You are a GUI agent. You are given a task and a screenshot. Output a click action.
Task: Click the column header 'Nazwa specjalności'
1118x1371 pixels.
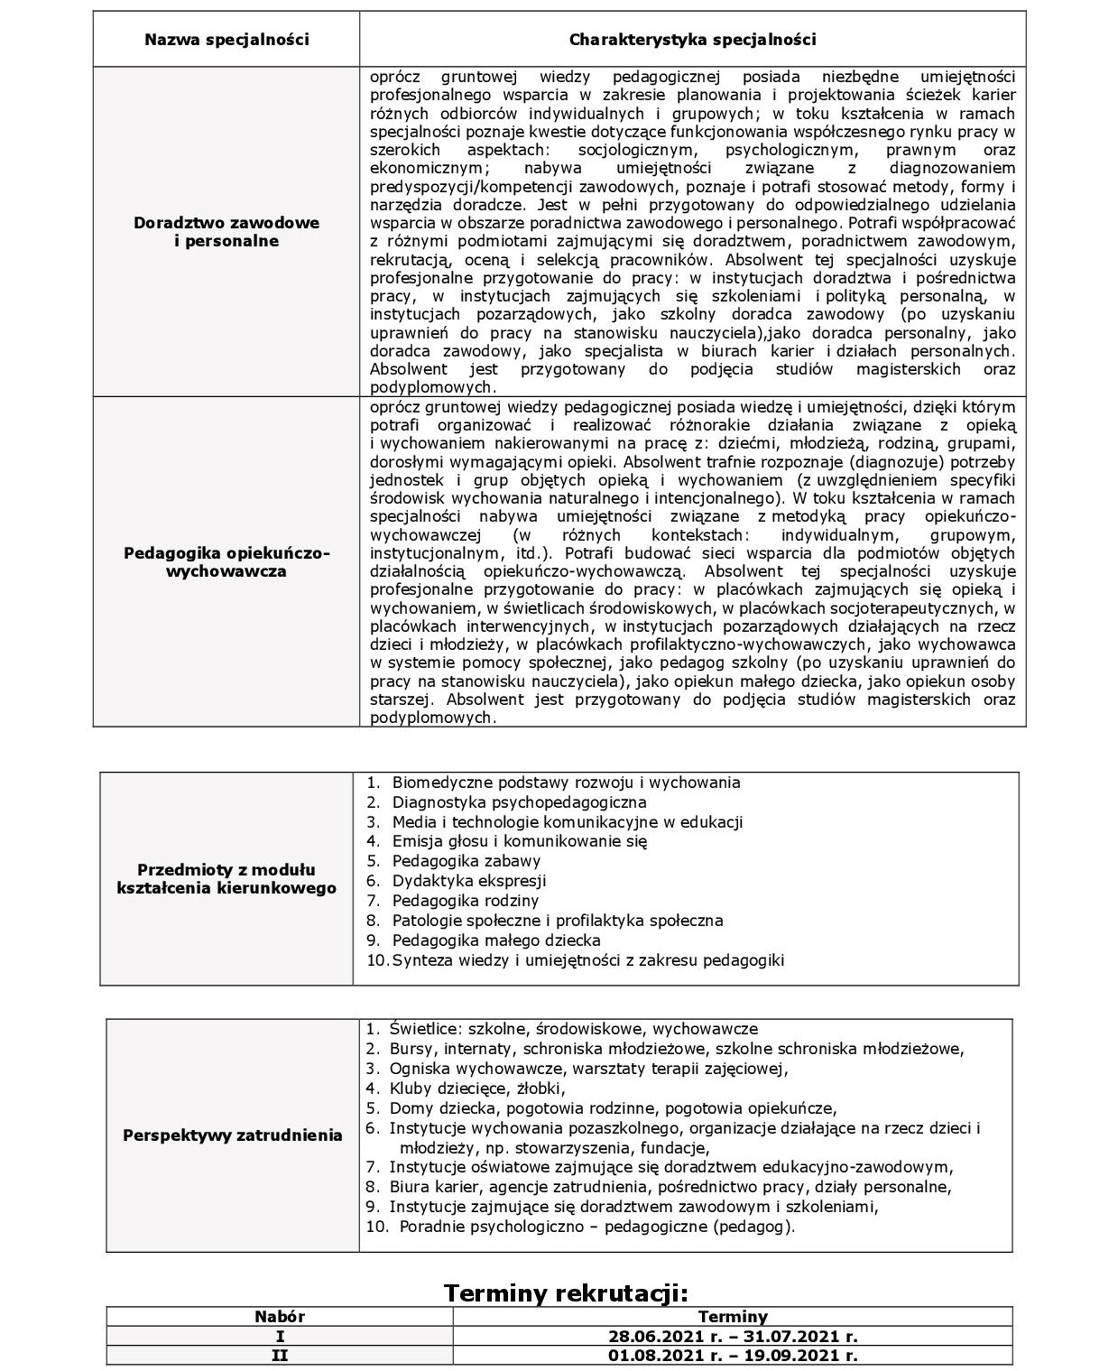[226, 40]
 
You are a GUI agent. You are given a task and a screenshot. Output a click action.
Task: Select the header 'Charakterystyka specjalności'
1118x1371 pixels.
[692, 40]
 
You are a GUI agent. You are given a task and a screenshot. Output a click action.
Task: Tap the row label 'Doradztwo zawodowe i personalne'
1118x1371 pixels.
[226, 232]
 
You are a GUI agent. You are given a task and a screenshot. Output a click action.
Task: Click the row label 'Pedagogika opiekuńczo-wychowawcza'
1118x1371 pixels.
[226, 561]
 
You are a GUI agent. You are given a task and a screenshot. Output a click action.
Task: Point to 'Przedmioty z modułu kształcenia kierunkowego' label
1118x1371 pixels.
[226, 878]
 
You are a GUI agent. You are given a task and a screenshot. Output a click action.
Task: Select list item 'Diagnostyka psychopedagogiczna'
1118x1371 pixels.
[519, 801]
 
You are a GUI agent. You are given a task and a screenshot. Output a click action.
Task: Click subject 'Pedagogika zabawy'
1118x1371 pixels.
[466, 861]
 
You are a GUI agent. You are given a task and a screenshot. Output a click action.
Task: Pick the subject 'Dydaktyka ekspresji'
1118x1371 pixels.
[468, 881]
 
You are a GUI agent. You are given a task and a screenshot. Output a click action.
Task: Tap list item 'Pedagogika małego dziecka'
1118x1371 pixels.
[495, 940]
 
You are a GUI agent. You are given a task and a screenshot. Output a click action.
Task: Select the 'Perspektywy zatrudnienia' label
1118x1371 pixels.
[233, 1135]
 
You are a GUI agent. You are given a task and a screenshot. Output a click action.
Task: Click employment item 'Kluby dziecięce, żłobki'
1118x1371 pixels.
[476, 1088]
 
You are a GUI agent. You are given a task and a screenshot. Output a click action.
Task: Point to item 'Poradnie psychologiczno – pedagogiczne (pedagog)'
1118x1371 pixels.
[596, 1227]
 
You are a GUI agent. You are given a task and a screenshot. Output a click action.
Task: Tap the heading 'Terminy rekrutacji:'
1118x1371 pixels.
[566, 1292]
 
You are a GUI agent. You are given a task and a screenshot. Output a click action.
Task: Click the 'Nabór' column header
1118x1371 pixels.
[280, 1317]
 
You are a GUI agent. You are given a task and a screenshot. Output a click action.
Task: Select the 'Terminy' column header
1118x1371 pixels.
[733, 1317]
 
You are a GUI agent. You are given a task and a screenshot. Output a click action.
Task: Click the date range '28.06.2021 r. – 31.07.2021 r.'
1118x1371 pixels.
[733, 1336]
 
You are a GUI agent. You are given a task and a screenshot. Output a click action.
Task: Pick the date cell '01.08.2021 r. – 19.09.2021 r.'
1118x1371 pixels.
[733, 1355]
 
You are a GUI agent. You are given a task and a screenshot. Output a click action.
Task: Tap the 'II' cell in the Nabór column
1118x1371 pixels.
[280, 1355]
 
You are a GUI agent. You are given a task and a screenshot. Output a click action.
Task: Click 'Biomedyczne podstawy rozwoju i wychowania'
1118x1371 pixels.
[566, 783]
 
